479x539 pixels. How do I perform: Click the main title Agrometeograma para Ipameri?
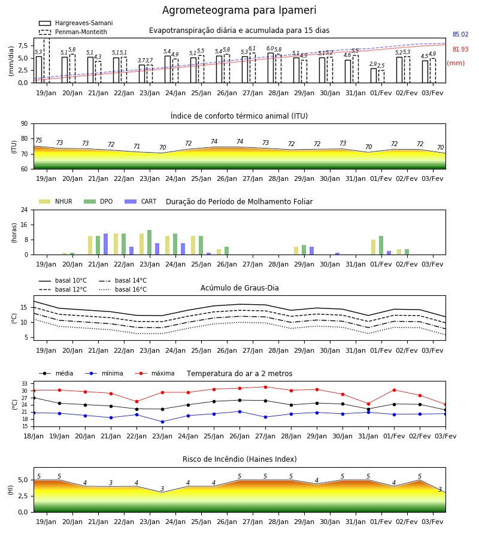tap(239, 10)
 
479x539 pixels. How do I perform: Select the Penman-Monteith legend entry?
tap(73, 32)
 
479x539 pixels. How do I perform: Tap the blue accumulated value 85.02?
tap(460, 34)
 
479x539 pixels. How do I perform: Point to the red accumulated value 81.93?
tap(460, 49)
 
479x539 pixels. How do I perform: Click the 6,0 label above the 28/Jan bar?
tap(270, 49)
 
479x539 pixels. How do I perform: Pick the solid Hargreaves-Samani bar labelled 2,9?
tap(374, 75)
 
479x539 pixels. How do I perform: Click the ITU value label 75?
tap(38, 140)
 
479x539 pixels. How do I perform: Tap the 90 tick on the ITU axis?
tap(25, 123)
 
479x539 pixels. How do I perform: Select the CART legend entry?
tap(141, 201)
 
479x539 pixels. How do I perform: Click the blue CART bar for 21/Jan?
tap(106, 244)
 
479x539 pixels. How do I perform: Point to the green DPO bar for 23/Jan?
tap(150, 243)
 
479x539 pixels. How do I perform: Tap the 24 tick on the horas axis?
tap(25, 210)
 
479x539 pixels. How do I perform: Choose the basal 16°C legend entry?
tap(123, 289)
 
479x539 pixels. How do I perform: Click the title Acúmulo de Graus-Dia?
tap(239, 287)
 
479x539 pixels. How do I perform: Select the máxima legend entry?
tap(154, 373)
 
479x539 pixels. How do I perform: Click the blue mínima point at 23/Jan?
tap(162, 422)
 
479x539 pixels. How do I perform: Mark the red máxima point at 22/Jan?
tap(137, 401)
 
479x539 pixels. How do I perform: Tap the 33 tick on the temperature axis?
tap(25, 384)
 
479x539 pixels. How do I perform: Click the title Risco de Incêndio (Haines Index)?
tap(239, 459)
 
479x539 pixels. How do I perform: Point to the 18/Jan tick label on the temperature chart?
tap(34, 436)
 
